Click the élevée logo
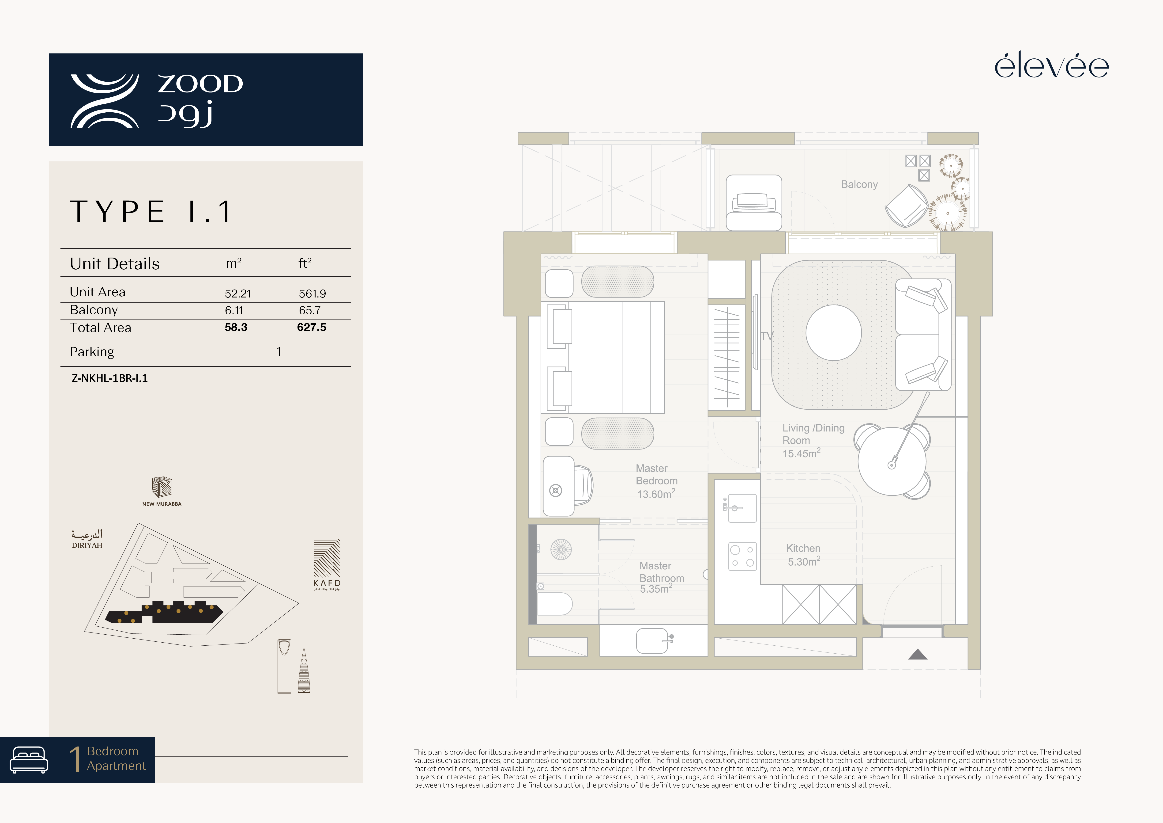(1052, 66)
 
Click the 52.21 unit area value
(238, 293)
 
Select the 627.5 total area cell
(312, 327)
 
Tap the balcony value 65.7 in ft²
(309, 310)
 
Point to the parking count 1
(279, 352)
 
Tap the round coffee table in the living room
(833, 333)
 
